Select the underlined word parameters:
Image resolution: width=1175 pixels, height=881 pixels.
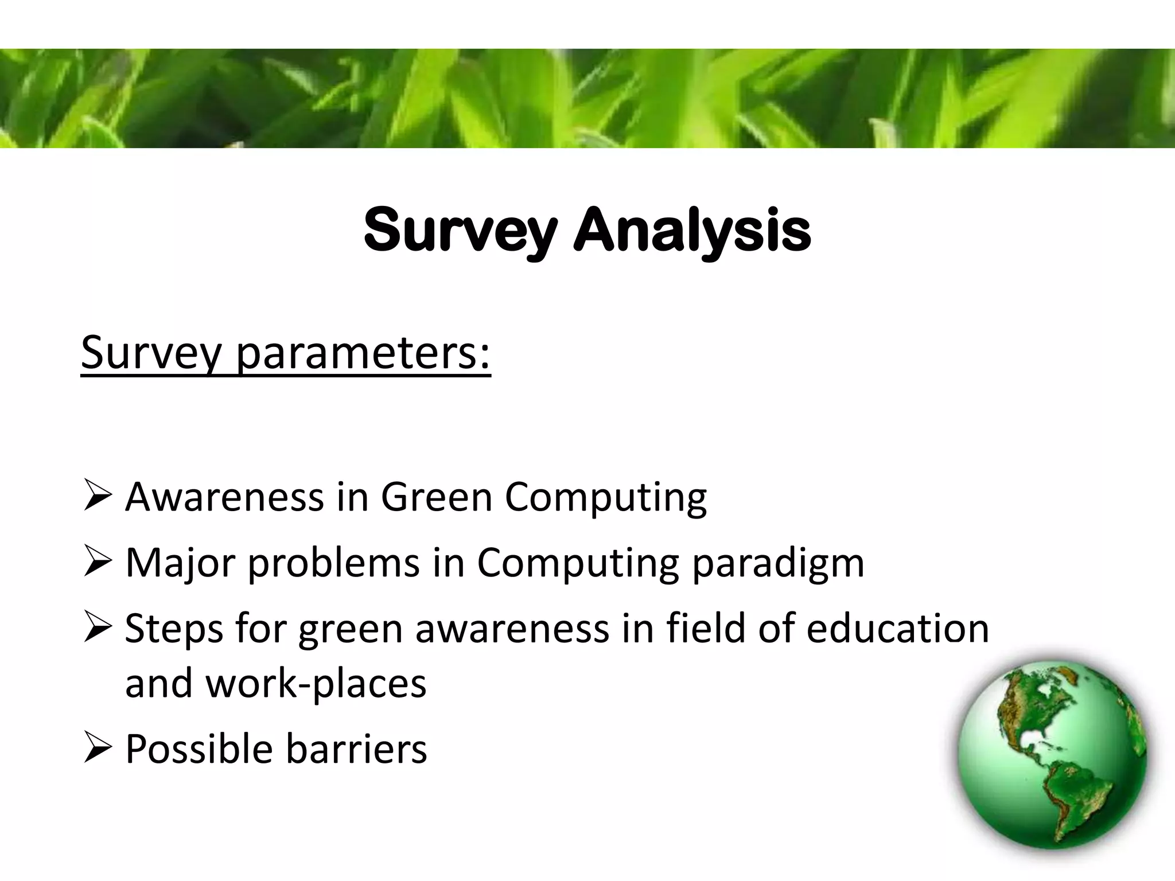(x=363, y=354)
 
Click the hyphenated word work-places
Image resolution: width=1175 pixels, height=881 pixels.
(x=316, y=684)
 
